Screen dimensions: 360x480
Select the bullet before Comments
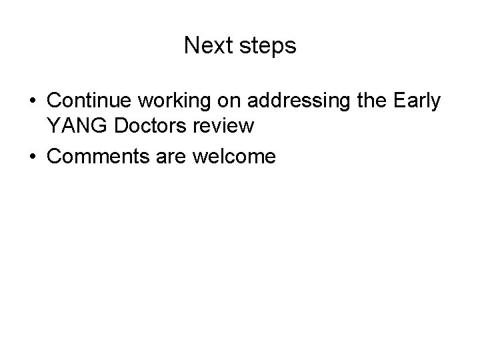pyautogui.click(x=33, y=157)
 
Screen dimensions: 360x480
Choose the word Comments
pyautogui.click(x=95, y=157)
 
